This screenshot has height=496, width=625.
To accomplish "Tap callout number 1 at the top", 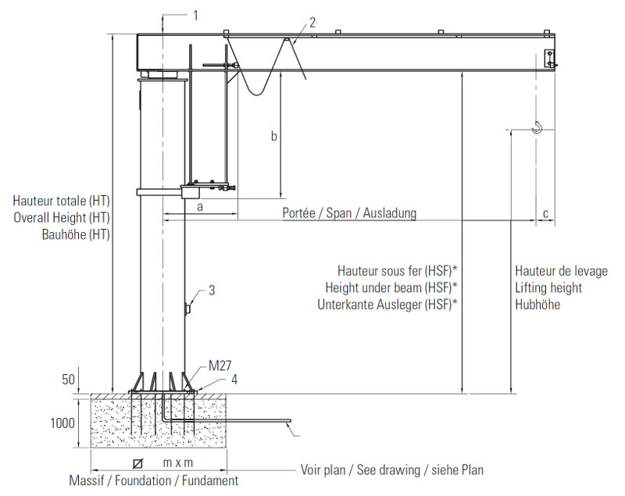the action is [x=196, y=16].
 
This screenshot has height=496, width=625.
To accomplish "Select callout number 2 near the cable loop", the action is [x=312, y=23].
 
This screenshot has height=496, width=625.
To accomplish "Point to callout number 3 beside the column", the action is [x=212, y=291].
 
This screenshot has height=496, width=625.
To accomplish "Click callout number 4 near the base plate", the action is [x=234, y=380].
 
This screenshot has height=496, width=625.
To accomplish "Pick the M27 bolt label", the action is [x=220, y=366].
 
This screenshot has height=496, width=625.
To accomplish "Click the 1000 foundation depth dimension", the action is [x=62, y=423].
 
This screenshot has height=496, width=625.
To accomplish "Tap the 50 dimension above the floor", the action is [x=68, y=380].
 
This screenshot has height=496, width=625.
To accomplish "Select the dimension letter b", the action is [x=274, y=136].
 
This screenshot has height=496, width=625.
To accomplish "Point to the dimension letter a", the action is [x=200, y=207].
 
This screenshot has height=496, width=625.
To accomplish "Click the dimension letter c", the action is [x=545, y=214].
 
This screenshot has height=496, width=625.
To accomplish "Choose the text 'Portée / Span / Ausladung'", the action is [x=349, y=213].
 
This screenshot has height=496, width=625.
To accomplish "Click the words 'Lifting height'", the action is [x=548, y=287].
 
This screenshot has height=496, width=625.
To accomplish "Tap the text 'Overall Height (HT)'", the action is [x=62, y=217].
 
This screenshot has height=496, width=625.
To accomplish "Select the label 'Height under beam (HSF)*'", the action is [x=391, y=287].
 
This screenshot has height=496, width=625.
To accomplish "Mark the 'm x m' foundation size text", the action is [x=178, y=463].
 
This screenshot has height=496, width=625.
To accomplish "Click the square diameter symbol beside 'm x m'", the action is [x=138, y=463].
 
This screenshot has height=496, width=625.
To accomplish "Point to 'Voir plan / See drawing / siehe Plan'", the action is [x=392, y=470].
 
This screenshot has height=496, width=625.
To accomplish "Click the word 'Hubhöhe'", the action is [x=537, y=305].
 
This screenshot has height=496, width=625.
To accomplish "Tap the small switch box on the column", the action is [x=187, y=309].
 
